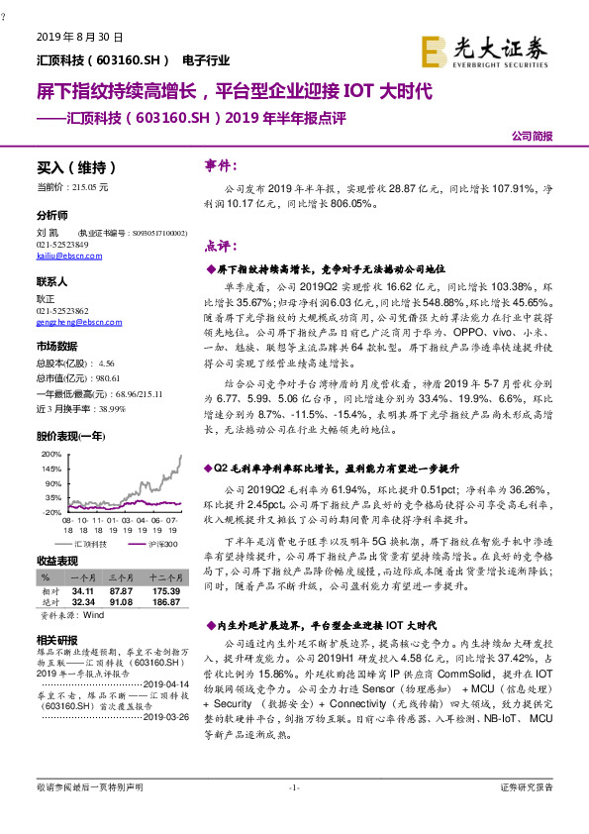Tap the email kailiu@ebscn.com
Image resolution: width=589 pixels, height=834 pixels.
pyautogui.click(x=63, y=255)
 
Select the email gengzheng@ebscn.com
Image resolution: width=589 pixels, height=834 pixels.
pyautogui.click(x=71, y=321)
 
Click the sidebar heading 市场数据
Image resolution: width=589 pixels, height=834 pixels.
pyautogui.click(x=56, y=347)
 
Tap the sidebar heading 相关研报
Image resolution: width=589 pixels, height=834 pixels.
pyautogui.click(x=56, y=639)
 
